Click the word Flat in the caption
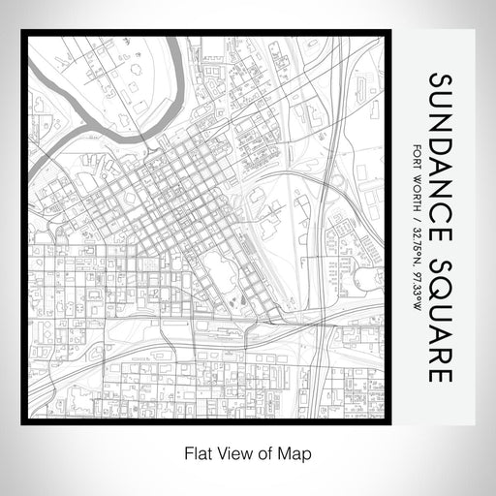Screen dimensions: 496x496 [192, 451]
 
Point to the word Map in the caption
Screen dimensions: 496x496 [297, 451]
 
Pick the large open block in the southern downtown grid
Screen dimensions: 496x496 [219, 271]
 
